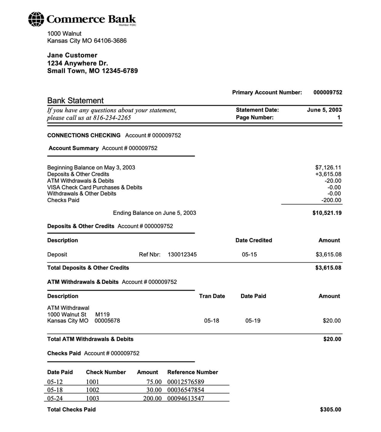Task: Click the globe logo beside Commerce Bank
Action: click(36, 19)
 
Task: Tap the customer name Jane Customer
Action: click(72, 55)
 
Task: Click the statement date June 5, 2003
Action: click(324, 110)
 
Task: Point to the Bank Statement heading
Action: click(75, 101)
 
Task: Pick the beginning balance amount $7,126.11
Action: click(328, 168)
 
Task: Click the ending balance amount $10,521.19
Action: click(327, 213)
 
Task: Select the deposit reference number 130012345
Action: click(182, 254)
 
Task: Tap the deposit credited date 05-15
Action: click(249, 254)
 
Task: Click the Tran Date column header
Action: click(212, 296)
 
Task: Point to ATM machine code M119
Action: click(102, 314)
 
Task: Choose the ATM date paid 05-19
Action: click(253, 321)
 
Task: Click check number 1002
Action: click(93, 390)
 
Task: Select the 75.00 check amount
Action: click(154, 382)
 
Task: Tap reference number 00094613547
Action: click(186, 398)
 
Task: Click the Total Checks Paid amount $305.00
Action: click(330, 410)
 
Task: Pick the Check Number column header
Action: click(106, 372)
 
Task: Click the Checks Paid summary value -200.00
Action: click(331, 200)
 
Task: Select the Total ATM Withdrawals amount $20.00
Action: click(332, 339)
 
